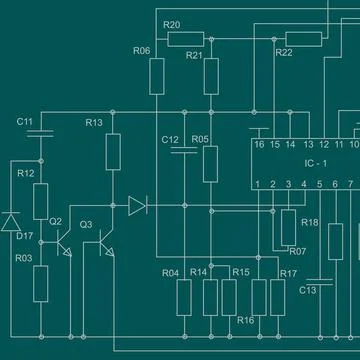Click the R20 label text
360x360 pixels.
(x=171, y=24)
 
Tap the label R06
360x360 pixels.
(x=141, y=50)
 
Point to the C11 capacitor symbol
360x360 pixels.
(x=41, y=132)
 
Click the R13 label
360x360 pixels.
(x=94, y=122)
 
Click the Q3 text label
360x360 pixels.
(x=86, y=224)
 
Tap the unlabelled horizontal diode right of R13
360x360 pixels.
(x=137, y=207)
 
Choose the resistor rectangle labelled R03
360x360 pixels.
(x=41, y=283)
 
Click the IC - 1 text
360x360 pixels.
(x=317, y=162)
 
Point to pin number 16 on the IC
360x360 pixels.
(x=259, y=145)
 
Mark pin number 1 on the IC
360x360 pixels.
(x=258, y=184)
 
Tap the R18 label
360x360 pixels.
(x=310, y=222)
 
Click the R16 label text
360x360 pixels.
(x=246, y=320)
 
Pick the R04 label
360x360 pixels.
(x=170, y=273)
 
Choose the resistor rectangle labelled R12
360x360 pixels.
(x=41, y=202)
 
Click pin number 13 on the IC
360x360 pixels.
(x=308, y=145)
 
